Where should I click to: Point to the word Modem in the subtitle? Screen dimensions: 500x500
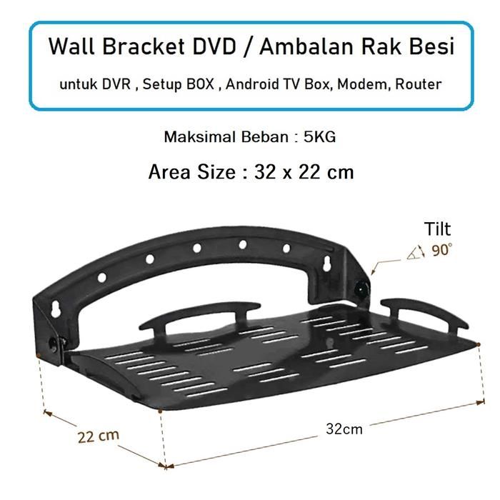tap(361, 84)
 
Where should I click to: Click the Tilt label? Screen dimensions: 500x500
tap(437, 229)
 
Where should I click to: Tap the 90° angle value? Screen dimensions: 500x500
tap(442, 251)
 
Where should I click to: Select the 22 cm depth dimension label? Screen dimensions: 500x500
tap(99, 435)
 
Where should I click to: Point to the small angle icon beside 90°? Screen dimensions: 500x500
tap(416, 251)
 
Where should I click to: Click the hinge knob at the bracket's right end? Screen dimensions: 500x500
tap(363, 290)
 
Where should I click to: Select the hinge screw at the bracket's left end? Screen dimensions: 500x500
tap(51, 343)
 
